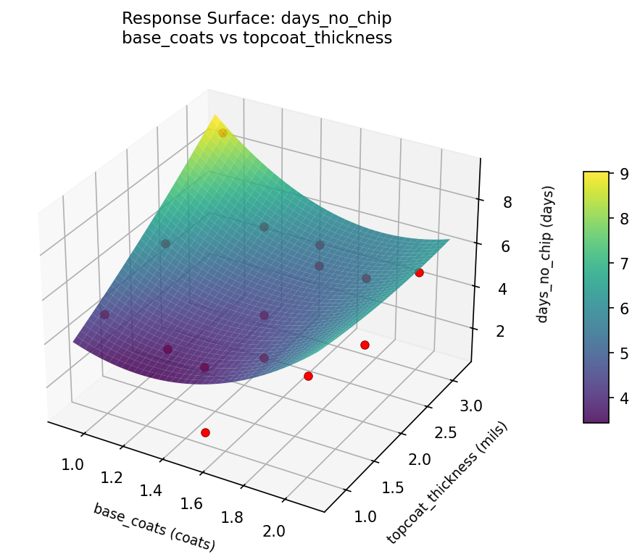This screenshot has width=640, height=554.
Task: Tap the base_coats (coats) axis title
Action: pos(154,526)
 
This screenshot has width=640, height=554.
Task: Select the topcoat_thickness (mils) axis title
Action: pos(447,482)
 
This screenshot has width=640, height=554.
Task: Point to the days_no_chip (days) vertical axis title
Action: pos(544,253)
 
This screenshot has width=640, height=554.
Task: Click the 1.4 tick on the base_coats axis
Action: pos(150,491)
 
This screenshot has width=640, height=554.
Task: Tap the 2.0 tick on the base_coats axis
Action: pos(273,531)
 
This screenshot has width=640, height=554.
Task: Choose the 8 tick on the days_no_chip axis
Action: pos(507,202)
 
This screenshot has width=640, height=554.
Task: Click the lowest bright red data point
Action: pos(205,432)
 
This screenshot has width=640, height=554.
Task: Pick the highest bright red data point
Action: pos(419,272)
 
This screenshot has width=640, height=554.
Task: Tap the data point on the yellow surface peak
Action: pos(223,133)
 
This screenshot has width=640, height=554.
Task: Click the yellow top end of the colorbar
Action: pos(596,175)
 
